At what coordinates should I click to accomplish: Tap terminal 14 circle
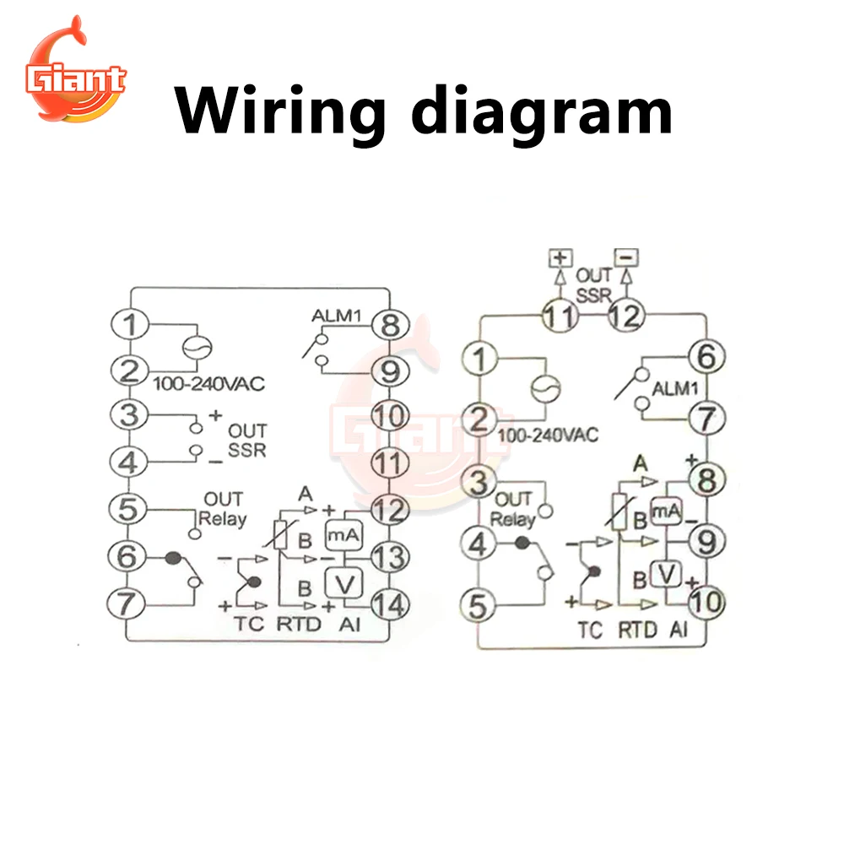[x=389, y=603]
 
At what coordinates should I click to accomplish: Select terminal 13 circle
[x=389, y=557]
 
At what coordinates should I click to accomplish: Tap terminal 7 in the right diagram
[x=706, y=416]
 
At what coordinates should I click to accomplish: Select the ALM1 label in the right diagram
[x=676, y=389]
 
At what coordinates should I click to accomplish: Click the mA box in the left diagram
[x=344, y=534]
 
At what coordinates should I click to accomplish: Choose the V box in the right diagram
[x=668, y=574]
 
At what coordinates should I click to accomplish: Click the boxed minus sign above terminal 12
[x=625, y=255]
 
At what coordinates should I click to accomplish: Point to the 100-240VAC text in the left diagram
[x=208, y=385]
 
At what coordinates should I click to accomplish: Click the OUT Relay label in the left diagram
[x=222, y=509]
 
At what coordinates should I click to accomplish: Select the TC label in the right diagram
[x=591, y=630]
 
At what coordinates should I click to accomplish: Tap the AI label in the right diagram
[x=679, y=630]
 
